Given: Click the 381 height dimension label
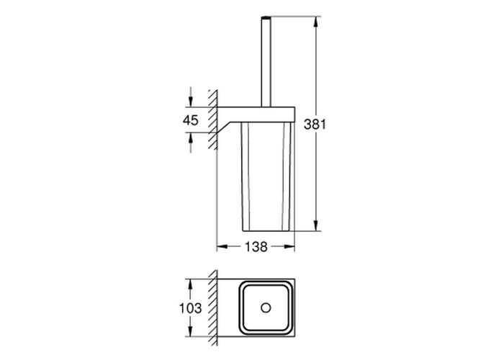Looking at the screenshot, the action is [x=315, y=124].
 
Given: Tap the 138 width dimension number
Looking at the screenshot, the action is [x=256, y=247].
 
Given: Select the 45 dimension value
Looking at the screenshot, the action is [x=191, y=120].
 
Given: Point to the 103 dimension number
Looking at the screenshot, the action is [x=190, y=308].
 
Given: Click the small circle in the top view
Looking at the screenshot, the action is [x=266, y=308].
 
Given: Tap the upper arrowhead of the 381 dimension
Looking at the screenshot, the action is [x=316, y=22].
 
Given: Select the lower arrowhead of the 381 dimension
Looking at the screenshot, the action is [x=316, y=225].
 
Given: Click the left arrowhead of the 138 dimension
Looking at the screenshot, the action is [x=222, y=246].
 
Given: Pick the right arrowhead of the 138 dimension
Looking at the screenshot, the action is [x=289, y=246].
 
